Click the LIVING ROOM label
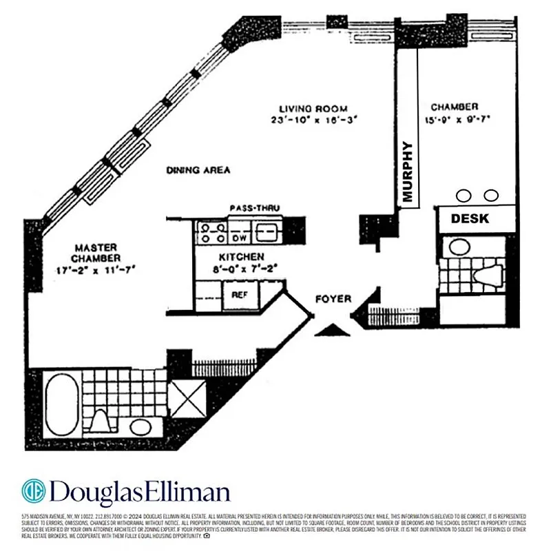(x=313, y=109)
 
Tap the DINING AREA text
(x=198, y=169)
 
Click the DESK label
(x=470, y=219)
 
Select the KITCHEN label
(x=223, y=256)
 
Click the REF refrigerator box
(x=239, y=293)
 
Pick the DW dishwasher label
(x=238, y=236)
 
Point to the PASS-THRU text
(x=252, y=207)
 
